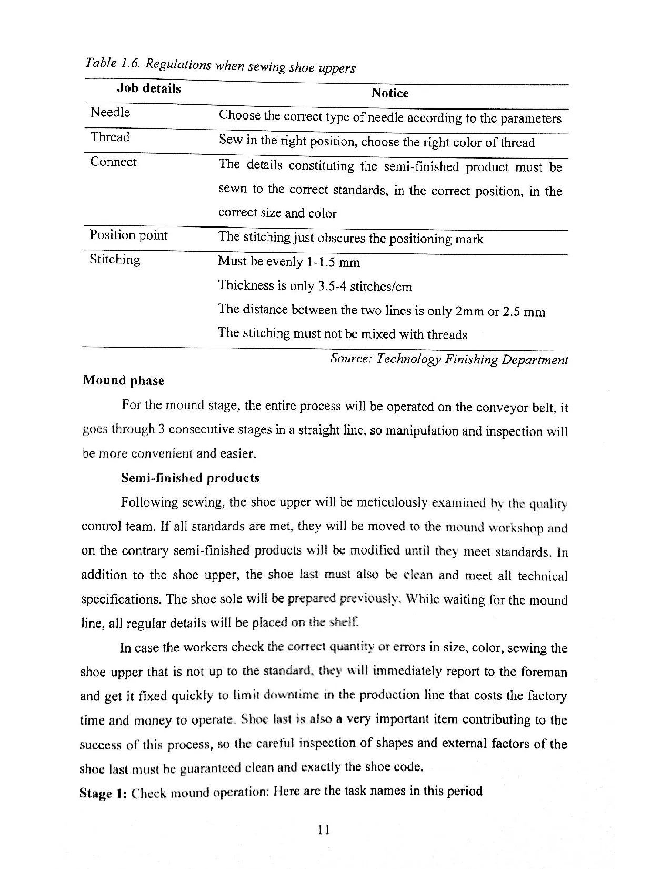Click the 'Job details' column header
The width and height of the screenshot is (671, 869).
[x=148, y=88]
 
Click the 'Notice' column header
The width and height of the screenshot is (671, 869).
[x=389, y=93]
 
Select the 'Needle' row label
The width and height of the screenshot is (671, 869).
[x=110, y=112]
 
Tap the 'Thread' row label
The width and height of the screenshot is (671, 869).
[x=109, y=137]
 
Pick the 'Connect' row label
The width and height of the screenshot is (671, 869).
[x=113, y=162]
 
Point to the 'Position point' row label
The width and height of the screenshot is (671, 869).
[x=128, y=235]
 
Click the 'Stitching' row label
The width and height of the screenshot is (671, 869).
[x=115, y=259]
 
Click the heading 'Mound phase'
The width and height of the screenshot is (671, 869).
[x=123, y=380]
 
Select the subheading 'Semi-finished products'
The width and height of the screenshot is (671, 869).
[x=190, y=478]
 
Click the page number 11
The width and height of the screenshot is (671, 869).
[x=324, y=830]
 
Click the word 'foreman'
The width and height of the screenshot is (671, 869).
[x=544, y=672]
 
